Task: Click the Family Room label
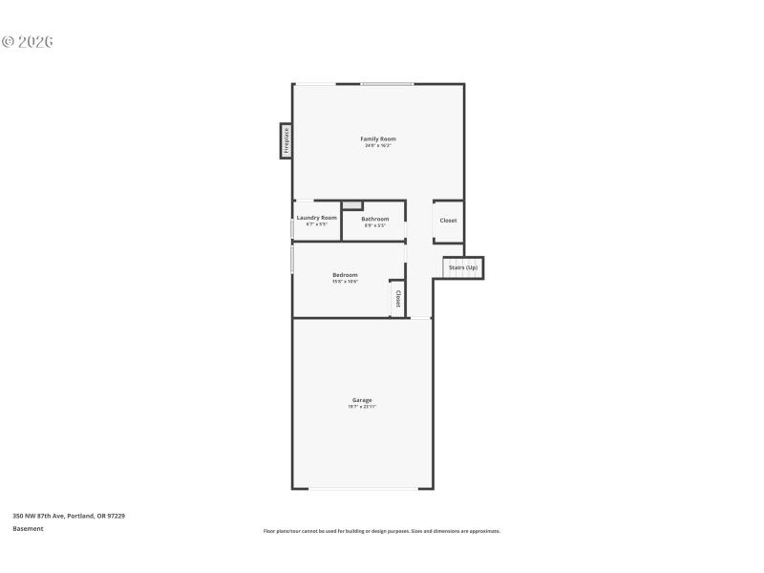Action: coord(378,139)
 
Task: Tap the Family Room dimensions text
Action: coord(378,146)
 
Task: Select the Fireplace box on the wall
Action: coord(286,139)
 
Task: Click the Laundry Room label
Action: coord(316,218)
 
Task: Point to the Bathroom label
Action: coord(374,219)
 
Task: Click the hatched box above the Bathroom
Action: coord(352,204)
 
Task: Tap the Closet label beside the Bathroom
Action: coord(448,221)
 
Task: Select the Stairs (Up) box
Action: coord(463,267)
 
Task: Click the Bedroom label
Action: coord(345,275)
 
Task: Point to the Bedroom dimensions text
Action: coord(345,282)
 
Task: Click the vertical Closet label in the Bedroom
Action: coord(398,297)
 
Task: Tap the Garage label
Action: coord(362,400)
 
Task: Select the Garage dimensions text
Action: coord(362,407)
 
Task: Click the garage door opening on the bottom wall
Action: coord(363,489)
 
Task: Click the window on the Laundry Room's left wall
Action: coord(292,227)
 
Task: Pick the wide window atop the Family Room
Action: coord(387,84)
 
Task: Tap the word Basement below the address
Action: coord(28,528)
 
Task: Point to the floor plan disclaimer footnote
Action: coord(381,531)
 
